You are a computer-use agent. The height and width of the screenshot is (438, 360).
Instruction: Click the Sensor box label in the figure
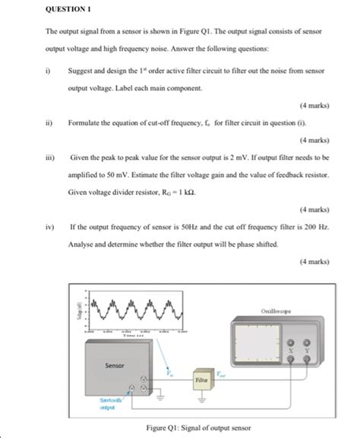(x=114, y=366)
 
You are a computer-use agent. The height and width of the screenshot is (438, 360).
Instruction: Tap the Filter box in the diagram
(x=202, y=377)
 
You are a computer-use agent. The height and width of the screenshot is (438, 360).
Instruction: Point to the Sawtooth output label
(x=114, y=402)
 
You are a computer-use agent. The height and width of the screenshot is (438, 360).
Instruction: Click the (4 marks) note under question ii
(x=314, y=140)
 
